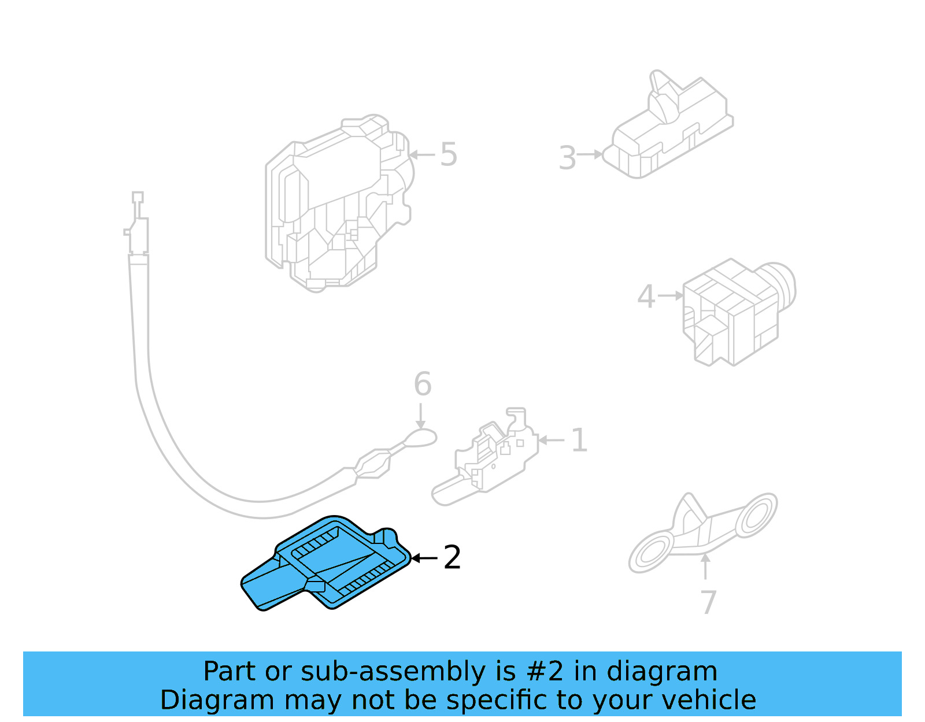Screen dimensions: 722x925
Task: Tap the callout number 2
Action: (452, 558)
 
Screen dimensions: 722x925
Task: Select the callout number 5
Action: (449, 154)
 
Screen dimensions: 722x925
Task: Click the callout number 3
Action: (567, 158)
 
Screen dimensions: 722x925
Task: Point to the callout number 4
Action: (646, 297)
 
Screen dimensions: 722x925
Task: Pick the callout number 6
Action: (423, 384)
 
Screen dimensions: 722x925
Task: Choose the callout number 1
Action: (579, 440)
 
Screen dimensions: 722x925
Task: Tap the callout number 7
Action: (708, 602)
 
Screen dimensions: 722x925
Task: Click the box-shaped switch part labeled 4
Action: (734, 312)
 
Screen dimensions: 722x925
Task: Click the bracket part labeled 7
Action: (702, 532)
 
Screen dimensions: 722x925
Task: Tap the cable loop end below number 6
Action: (420, 438)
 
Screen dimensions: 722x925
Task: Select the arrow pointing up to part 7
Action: (705, 567)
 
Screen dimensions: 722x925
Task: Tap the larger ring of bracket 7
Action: (652, 554)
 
